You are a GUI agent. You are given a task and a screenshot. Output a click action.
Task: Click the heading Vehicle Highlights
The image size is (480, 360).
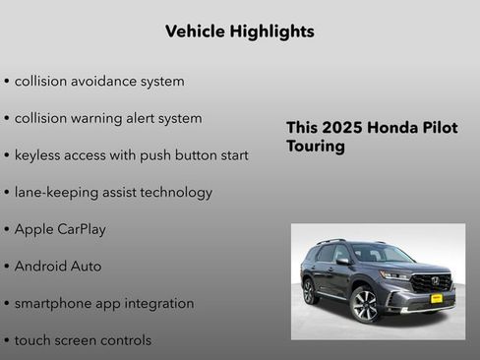pos(240,31)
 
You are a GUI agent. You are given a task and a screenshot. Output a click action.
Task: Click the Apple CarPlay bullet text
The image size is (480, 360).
pos(60,229)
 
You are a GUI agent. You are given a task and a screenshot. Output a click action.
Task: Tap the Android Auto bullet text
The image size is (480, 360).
pos(58,267)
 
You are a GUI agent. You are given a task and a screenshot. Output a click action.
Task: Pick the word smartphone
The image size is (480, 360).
pos(55,304)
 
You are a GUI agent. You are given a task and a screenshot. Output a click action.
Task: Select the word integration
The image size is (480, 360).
pos(156,304)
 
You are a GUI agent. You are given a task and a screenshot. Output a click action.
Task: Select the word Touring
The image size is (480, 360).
pos(316,147)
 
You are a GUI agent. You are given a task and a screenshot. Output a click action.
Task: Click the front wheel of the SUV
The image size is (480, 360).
pos(365,304)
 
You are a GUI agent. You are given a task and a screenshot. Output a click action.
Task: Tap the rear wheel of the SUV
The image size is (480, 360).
pos(310,291)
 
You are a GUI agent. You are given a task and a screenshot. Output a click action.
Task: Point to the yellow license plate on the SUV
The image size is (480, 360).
pos(436,297)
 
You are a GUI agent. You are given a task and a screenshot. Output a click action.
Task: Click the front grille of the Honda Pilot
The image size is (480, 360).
pos(430,282)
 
